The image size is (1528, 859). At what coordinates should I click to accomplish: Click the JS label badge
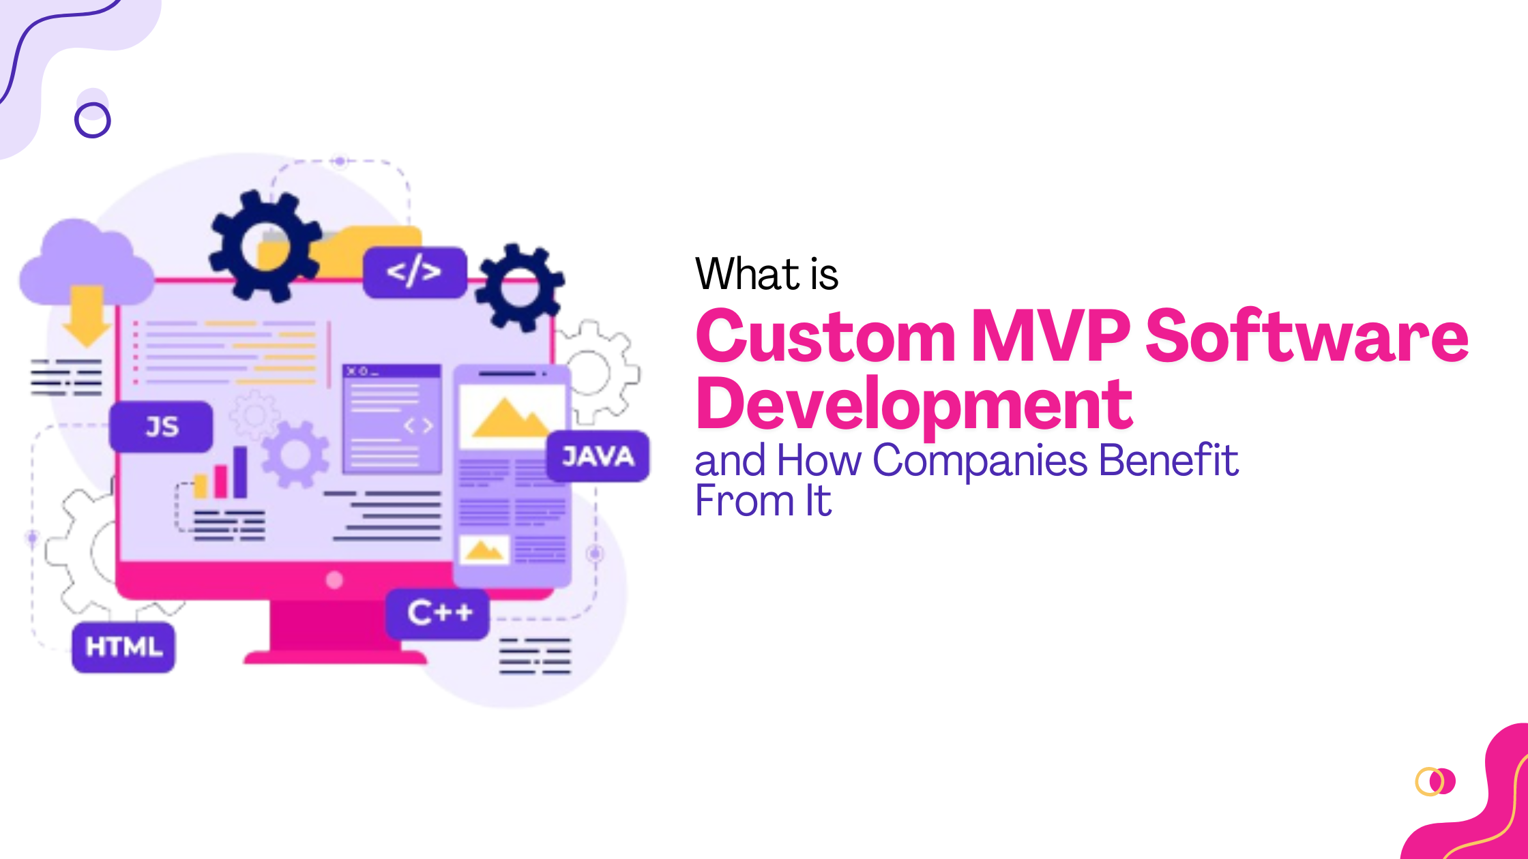pos(162,427)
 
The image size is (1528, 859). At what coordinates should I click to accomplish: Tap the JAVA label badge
pos(598,456)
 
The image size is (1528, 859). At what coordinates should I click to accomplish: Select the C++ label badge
pos(438,614)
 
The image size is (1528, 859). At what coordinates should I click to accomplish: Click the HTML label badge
pos(123,647)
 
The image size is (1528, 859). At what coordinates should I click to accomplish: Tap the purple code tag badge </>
pos(414,272)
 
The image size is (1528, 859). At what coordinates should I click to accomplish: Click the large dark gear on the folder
pos(265,245)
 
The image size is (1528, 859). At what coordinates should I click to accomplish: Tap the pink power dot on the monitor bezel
pos(334,580)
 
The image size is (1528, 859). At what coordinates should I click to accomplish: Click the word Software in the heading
pos(1306,336)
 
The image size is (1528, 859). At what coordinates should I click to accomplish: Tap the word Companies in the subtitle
pos(980,460)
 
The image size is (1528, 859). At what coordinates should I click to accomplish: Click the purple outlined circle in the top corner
pos(92,121)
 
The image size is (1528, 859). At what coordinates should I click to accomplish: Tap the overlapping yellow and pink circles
pos(1435,781)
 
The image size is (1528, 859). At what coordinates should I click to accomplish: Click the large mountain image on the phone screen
pos(510,417)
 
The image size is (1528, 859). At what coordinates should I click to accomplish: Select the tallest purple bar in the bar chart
pos(240,472)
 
